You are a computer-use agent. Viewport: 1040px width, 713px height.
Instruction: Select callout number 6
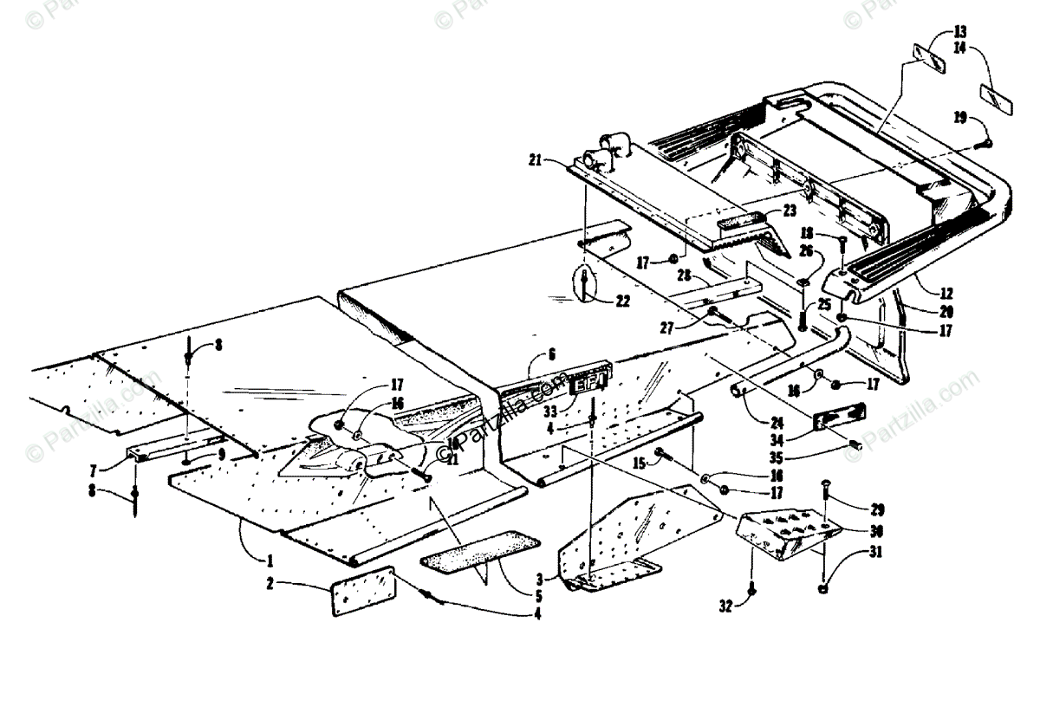[551, 353]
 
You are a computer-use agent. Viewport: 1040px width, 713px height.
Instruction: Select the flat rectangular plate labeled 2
[362, 592]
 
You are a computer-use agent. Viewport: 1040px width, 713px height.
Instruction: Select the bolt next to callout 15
[665, 453]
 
